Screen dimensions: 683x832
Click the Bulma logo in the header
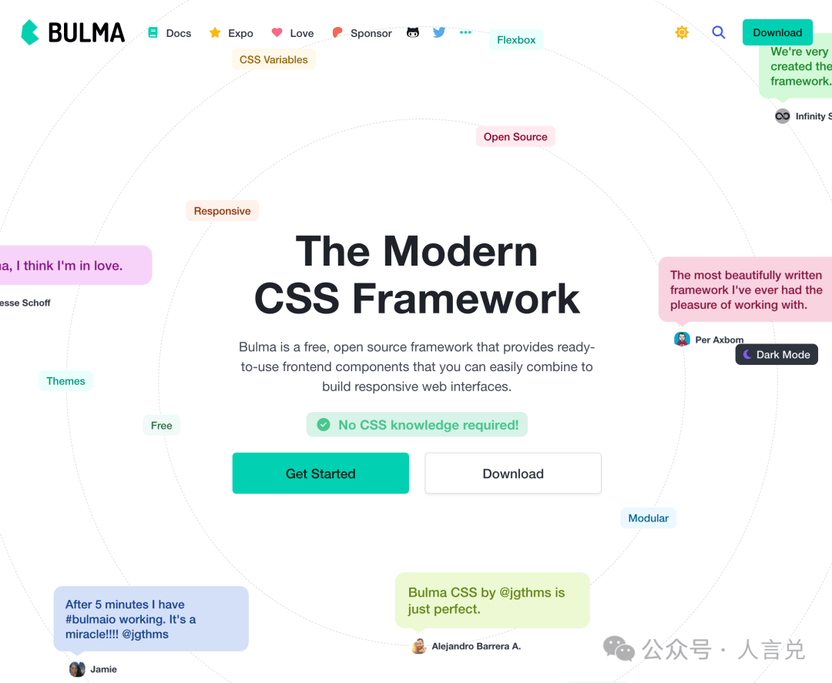coord(72,32)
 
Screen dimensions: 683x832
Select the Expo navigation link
coord(231,33)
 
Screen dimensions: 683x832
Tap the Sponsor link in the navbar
coord(362,33)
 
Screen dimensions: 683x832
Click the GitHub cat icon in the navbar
coord(413,32)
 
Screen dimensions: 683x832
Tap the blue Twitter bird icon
coord(439,32)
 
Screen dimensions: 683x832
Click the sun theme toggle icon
coord(682,32)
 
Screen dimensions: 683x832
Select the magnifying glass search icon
coord(719,32)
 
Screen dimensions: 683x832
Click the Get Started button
coord(320,474)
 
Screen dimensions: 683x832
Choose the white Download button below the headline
coord(513,474)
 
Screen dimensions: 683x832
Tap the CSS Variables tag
coord(273,59)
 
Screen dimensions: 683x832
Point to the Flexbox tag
coord(516,40)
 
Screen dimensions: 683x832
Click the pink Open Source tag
coord(515,137)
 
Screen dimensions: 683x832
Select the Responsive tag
coord(222,211)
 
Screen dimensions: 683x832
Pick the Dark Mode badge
coord(777,355)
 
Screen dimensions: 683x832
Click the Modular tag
coord(648,518)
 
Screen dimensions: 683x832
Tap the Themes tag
coord(65,381)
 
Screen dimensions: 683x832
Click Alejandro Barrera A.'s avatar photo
coord(419,646)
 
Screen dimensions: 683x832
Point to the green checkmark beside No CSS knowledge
coord(324,424)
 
